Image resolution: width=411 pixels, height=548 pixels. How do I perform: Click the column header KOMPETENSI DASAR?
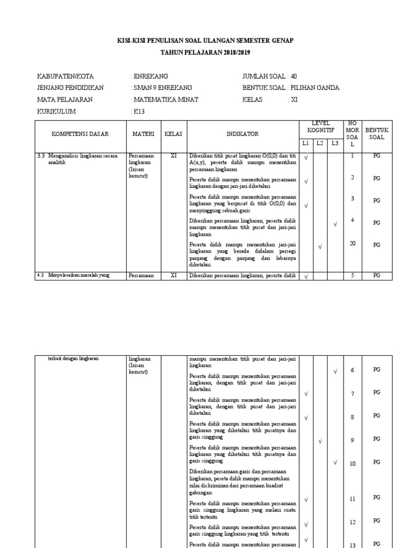(80, 134)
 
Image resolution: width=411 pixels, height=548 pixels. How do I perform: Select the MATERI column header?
(143, 134)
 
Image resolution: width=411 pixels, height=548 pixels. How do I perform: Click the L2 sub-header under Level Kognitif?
(320, 143)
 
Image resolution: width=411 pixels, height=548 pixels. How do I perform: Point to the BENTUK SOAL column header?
(377, 133)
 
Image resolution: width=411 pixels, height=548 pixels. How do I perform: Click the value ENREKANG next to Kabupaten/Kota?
(151, 76)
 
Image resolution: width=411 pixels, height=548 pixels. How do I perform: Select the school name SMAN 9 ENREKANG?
(163, 88)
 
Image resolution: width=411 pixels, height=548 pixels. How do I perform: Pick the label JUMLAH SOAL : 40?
(269, 76)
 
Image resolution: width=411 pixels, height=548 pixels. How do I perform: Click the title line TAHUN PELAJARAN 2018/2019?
(205, 52)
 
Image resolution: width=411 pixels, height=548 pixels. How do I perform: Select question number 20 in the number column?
(353, 243)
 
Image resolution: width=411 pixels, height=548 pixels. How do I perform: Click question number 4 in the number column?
(353, 220)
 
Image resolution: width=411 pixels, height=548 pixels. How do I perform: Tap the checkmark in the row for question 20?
(320, 247)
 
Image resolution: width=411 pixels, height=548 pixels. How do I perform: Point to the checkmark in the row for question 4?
(335, 224)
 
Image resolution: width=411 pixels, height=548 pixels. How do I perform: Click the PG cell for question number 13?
(377, 544)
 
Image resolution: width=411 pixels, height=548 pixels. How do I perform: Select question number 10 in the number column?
(353, 463)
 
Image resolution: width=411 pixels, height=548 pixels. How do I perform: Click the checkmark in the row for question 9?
(320, 442)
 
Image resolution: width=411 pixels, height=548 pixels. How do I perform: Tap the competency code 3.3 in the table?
(41, 156)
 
